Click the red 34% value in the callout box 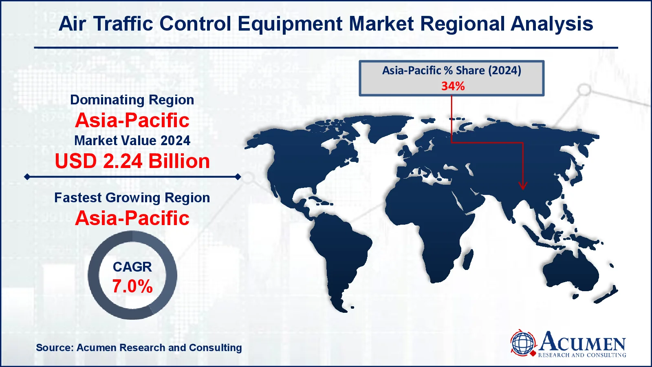point(453,86)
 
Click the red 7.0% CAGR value point(132,286)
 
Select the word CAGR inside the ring point(132,267)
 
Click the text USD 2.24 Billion point(132,161)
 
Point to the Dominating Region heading point(132,100)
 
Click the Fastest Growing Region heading point(132,198)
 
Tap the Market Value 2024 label point(132,141)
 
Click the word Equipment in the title point(289,24)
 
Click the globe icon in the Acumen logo point(523,343)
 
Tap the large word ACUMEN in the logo point(583,342)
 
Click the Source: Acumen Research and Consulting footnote point(139,348)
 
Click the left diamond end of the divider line point(27,177)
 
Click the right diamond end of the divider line point(238,177)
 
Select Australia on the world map point(570,269)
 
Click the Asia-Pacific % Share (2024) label point(452,71)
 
